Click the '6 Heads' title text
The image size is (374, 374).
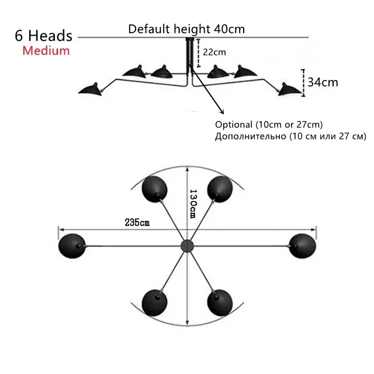tap(44, 36)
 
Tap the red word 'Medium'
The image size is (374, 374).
tap(46, 51)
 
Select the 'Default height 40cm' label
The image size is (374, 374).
tap(186, 29)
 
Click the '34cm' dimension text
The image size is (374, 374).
tap(323, 82)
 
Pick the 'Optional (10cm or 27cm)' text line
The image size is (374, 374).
tap(269, 124)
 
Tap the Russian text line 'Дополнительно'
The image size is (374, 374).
tap(290, 137)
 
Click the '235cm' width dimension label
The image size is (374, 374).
tap(137, 222)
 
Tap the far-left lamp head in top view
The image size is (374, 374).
tap(71, 245)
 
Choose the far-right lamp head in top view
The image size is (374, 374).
tap(303, 245)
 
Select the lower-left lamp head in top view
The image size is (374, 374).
tap(155, 302)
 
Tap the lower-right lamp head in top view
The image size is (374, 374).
tap(220, 302)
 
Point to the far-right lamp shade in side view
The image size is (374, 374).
tap(288, 88)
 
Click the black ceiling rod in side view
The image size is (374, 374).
tap(189, 56)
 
